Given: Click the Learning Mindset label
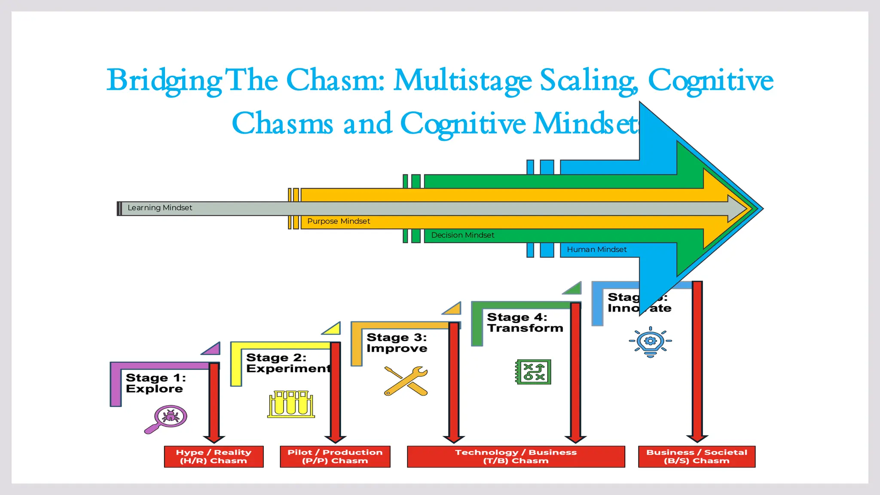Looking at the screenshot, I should (160, 208).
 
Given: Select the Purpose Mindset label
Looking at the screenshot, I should (339, 221).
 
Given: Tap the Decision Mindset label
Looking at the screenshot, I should (463, 235).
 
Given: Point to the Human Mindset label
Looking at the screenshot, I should (596, 250).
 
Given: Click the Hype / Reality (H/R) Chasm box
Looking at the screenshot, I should (214, 456).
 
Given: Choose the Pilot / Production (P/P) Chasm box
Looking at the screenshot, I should (335, 456).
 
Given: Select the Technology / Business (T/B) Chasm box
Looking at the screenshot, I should (516, 456).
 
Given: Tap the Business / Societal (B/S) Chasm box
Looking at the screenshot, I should (697, 456).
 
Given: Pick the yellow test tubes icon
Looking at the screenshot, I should (291, 404).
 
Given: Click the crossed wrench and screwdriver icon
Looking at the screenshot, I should (406, 381).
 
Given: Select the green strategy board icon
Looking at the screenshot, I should (533, 372).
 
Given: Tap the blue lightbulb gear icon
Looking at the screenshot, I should (651, 342).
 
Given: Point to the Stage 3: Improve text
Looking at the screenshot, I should (397, 343).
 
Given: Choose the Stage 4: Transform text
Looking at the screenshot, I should (525, 323).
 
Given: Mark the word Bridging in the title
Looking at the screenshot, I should (164, 81).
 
